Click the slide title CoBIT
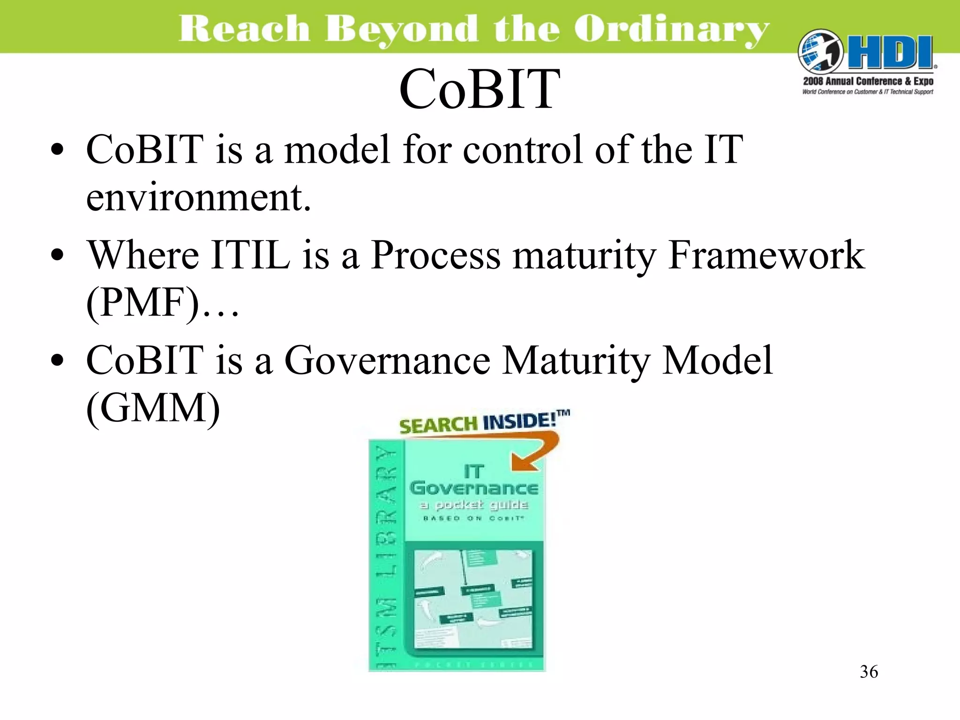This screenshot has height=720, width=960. pyautogui.click(x=479, y=89)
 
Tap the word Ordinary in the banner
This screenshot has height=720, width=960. pyautogui.click(x=671, y=29)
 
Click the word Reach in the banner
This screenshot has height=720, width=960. pyautogui.click(x=244, y=29)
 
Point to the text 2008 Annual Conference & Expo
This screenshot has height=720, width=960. pyautogui.click(x=868, y=81)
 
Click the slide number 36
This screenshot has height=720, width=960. pyautogui.click(x=869, y=672)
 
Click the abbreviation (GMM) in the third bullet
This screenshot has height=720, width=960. pyautogui.click(x=153, y=408)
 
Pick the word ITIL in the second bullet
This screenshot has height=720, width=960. pyautogui.click(x=250, y=255)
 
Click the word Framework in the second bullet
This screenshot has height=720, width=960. pyautogui.click(x=766, y=255)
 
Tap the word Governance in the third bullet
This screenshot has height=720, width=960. pyautogui.click(x=387, y=360)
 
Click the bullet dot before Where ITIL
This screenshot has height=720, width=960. pyautogui.click(x=57, y=256)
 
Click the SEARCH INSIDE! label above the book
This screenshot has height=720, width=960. pyautogui.click(x=483, y=422)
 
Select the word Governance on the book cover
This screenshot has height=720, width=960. pyautogui.click(x=473, y=488)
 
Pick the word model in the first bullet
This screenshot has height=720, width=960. pyautogui.click(x=337, y=150)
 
